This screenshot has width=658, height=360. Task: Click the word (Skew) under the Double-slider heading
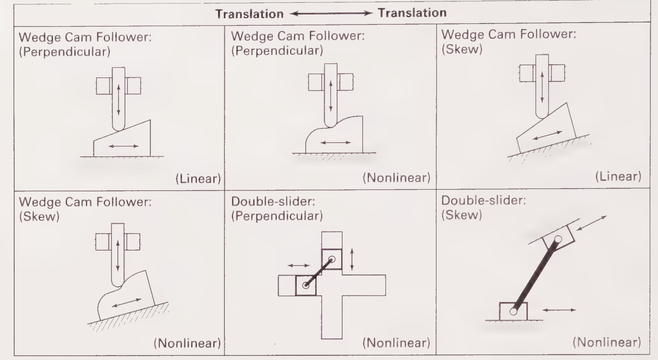461,216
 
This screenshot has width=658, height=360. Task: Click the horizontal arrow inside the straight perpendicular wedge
123,146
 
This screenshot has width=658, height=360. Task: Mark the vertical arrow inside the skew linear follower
542,87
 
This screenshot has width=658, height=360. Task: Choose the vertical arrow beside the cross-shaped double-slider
353,259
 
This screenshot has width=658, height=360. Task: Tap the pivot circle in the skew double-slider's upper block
559,239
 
